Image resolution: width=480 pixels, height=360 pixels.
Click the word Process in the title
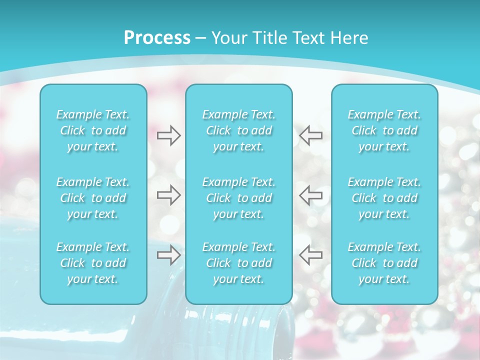157,38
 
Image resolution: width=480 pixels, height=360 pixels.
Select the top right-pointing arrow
168,135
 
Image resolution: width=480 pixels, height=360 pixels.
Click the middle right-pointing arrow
168,195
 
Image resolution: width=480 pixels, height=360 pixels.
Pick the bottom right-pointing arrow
168,254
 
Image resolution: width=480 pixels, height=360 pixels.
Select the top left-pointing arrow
311,135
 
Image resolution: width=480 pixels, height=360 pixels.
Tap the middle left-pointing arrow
311,195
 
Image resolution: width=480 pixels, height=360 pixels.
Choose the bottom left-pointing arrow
311,254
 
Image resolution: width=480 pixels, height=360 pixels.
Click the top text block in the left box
93,130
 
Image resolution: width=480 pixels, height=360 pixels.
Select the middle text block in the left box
93,198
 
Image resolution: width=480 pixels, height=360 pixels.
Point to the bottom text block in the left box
93,263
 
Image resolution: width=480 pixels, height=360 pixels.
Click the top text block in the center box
238,130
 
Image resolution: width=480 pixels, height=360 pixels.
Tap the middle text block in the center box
238,198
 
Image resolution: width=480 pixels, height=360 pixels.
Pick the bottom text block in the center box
238,263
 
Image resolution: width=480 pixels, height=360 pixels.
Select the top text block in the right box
384,130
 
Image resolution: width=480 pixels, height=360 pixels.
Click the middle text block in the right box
384,198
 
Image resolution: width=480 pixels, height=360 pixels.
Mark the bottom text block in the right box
384,263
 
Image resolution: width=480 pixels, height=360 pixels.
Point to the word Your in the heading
229,38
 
